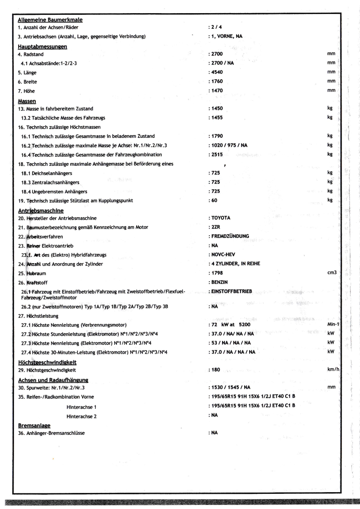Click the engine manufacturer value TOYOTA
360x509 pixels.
(221, 217)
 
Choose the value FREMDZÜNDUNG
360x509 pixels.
(230, 236)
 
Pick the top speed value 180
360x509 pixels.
(215, 370)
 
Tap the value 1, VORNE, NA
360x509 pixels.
(226, 36)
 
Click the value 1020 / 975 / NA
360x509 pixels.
(229, 145)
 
